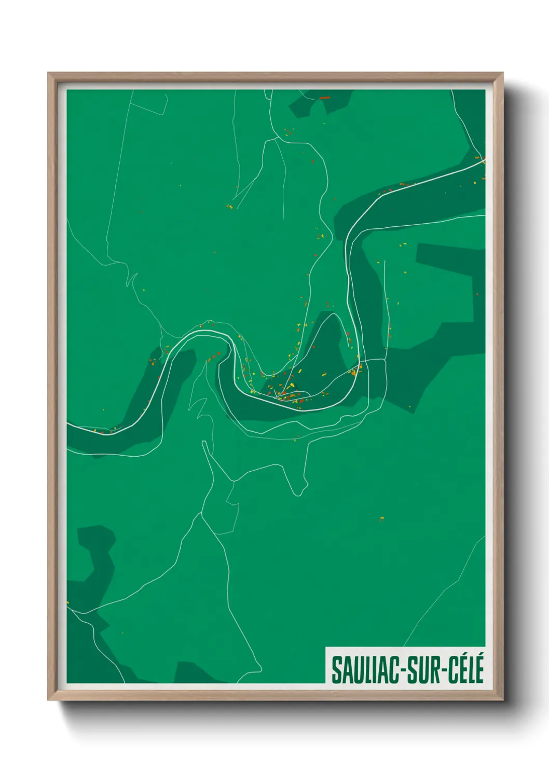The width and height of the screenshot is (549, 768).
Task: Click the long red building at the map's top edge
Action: (325, 97)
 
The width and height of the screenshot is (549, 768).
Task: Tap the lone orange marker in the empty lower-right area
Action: (382, 518)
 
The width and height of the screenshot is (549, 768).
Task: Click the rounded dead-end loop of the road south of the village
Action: (299, 490)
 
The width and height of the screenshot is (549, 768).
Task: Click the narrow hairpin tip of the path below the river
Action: (204, 444)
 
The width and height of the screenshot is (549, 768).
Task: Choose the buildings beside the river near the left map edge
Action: (106, 430)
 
